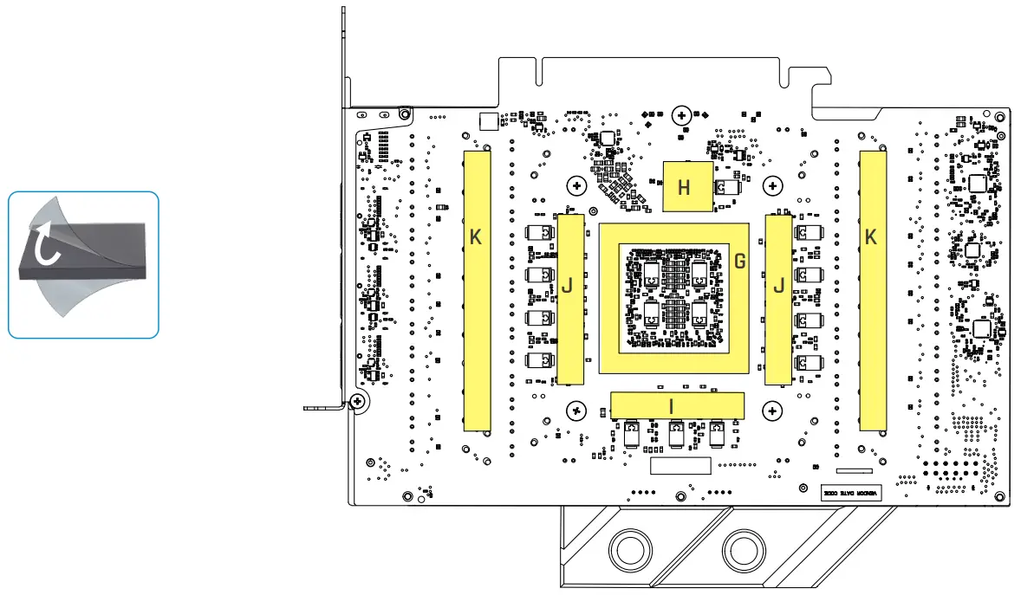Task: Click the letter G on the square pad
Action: click(x=739, y=261)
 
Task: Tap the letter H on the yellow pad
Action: click(x=685, y=186)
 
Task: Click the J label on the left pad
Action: click(x=568, y=285)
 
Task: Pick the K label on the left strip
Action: click(x=475, y=236)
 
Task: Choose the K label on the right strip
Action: click(x=871, y=236)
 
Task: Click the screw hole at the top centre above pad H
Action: click(x=682, y=114)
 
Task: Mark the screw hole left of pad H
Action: click(x=576, y=184)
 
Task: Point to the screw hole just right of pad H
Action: click(x=772, y=184)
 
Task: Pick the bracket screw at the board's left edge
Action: click(x=356, y=400)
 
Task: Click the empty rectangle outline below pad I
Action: click(x=680, y=466)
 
